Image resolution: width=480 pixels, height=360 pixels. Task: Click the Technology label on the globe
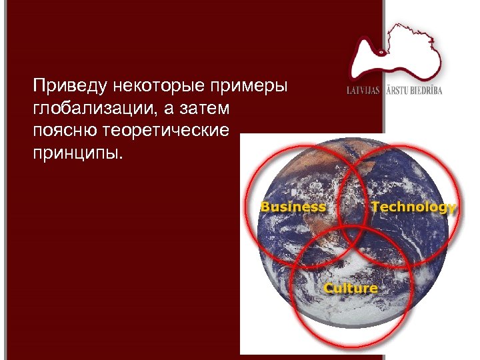coord(413,207)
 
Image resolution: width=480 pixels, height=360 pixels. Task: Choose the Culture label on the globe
coord(351,288)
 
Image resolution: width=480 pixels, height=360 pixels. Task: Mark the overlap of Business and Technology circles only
coord(351,193)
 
